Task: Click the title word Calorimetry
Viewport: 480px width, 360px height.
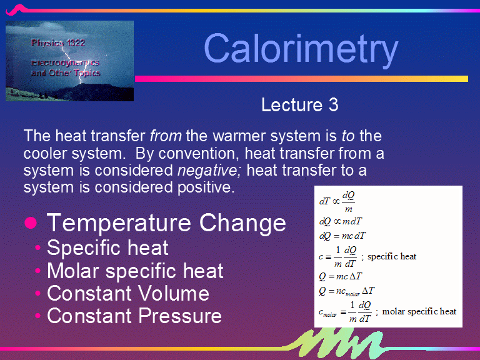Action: click(x=301, y=48)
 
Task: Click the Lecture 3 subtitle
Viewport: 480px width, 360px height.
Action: click(x=299, y=105)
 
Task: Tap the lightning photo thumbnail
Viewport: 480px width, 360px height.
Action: click(x=70, y=61)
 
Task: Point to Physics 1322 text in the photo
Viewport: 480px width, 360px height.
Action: click(x=58, y=43)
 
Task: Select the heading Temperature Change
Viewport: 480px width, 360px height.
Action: click(x=166, y=222)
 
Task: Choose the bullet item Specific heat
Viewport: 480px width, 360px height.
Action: click(x=107, y=247)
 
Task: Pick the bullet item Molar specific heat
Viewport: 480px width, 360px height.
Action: click(x=135, y=271)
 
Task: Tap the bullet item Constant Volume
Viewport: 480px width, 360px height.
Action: click(x=127, y=293)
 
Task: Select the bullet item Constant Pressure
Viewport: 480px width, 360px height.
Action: click(x=134, y=316)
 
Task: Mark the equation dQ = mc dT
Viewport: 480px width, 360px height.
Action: click(x=342, y=236)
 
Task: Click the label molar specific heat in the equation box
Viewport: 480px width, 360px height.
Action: click(x=419, y=311)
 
